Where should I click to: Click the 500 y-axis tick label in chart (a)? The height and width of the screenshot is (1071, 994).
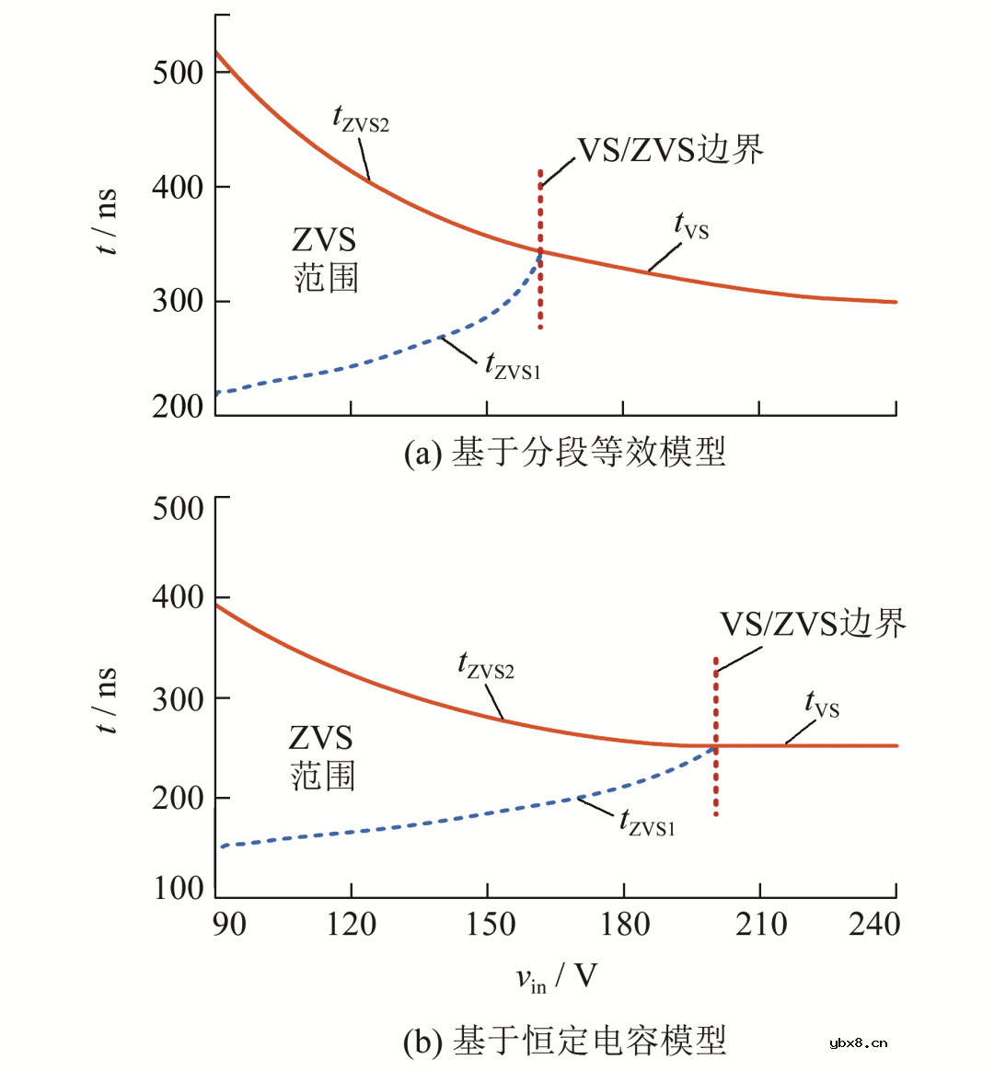point(178,72)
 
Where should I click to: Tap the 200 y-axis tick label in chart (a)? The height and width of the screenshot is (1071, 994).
point(178,406)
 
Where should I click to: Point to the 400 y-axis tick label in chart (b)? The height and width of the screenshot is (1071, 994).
point(178,597)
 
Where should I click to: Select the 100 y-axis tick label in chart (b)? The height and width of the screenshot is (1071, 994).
point(178,888)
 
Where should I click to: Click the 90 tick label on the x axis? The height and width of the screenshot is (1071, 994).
point(228,924)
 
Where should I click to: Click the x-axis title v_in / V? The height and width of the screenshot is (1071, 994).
point(555,977)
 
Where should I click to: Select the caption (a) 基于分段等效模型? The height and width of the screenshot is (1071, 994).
point(564,452)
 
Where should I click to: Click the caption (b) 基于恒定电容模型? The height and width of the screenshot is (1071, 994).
point(564,1041)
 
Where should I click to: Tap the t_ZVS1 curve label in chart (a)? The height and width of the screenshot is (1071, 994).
point(513,366)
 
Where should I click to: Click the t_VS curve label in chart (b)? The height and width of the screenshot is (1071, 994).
point(822,705)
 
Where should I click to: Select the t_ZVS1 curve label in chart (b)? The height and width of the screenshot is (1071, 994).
point(647,822)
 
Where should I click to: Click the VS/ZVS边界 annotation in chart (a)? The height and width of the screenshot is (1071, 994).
point(670,149)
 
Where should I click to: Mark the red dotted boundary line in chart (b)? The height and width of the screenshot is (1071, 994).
point(715,736)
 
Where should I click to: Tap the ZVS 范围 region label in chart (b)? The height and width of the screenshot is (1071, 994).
point(322,756)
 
